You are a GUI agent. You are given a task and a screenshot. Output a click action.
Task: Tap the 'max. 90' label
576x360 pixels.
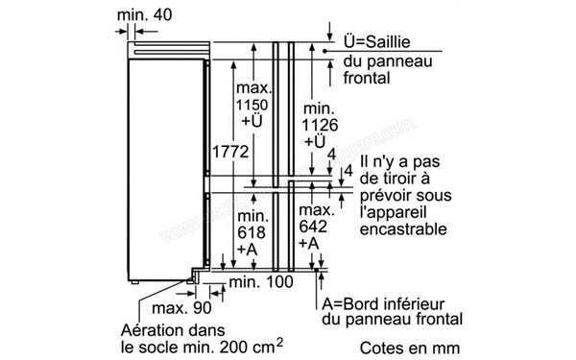[x=179, y=307]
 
